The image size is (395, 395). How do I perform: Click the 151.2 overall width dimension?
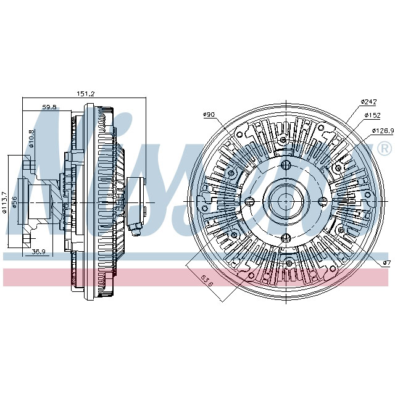click(x=85, y=94)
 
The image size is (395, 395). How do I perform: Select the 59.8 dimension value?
click(x=49, y=107)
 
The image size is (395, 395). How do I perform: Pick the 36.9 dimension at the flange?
click(x=39, y=252)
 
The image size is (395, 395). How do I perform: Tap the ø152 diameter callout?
click(x=372, y=115)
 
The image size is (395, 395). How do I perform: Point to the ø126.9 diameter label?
click(x=383, y=130)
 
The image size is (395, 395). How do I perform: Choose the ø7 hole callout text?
click(x=386, y=264)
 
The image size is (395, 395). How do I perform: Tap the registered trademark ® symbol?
click(x=384, y=149)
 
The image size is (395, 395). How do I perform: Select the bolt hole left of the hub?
click(x=249, y=202)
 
